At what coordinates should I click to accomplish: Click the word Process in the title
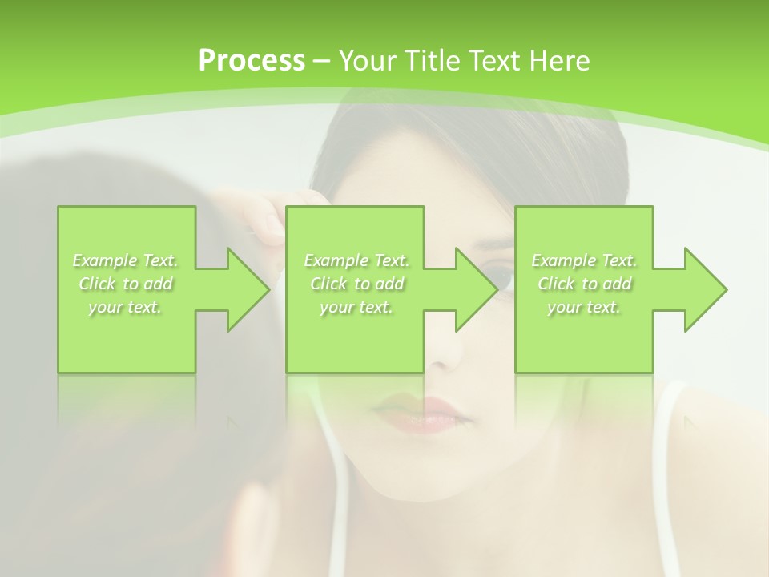click(x=252, y=61)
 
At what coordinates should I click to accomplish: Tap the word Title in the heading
click(x=433, y=61)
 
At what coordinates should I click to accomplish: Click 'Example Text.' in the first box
click(x=126, y=260)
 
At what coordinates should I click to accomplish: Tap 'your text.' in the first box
click(x=126, y=307)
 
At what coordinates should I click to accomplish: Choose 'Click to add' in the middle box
click(x=356, y=284)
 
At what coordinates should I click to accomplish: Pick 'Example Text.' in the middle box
click(x=356, y=260)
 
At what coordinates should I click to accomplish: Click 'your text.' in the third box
click(x=584, y=307)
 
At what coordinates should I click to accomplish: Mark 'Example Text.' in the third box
click(x=584, y=260)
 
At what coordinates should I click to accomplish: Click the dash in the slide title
click(x=322, y=61)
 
